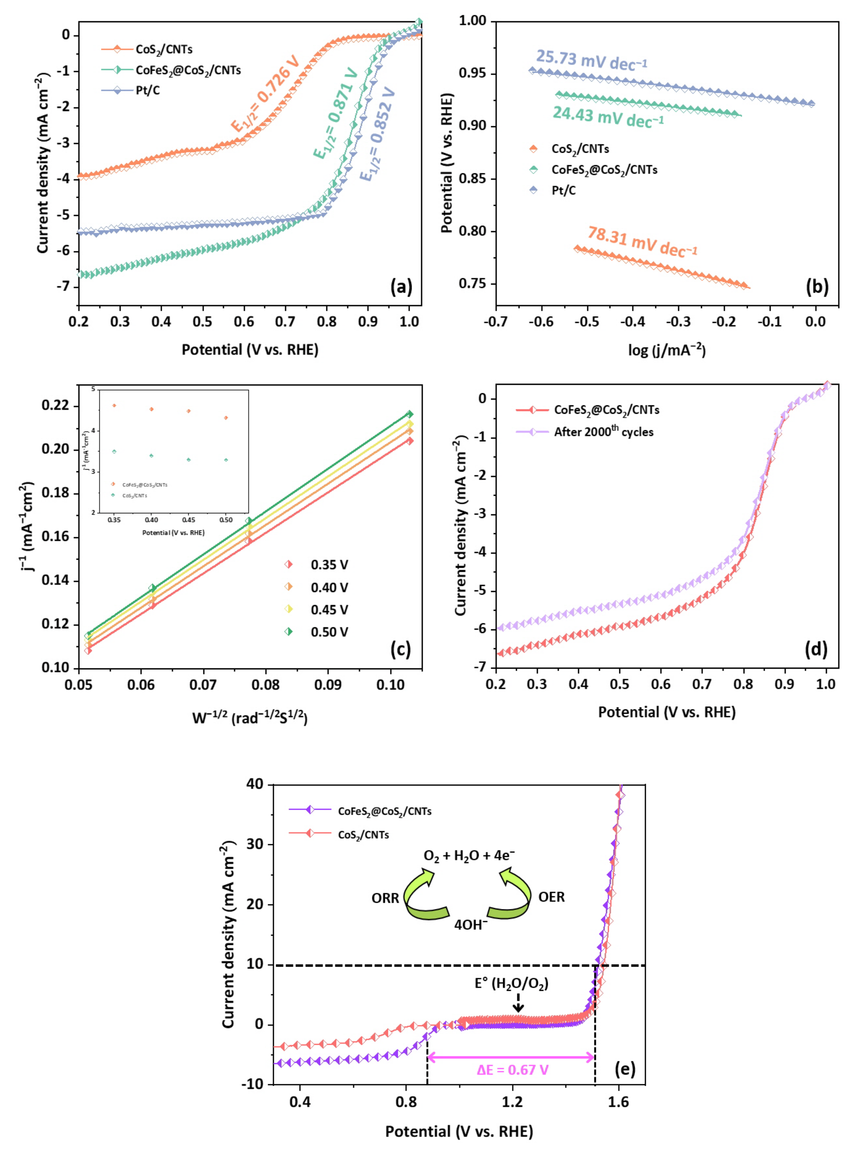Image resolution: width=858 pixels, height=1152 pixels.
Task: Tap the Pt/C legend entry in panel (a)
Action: (x=148, y=90)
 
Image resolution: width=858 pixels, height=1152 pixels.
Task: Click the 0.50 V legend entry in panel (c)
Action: (x=329, y=632)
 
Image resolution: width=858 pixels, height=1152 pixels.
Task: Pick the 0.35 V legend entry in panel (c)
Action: (x=329, y=565)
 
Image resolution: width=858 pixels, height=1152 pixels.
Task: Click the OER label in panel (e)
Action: (x=551, y=897)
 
